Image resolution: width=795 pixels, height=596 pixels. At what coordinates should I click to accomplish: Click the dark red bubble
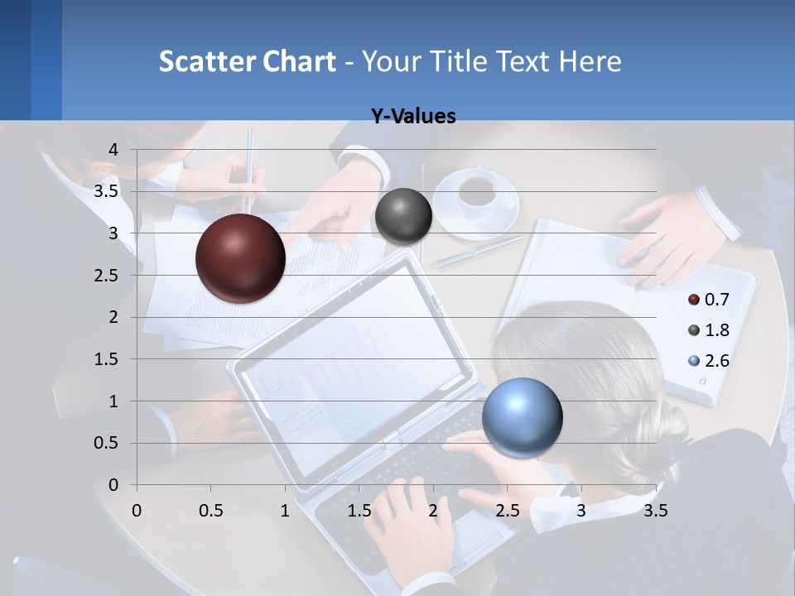tap(241, 258)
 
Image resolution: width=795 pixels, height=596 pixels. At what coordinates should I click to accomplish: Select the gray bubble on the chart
tap(403, 216)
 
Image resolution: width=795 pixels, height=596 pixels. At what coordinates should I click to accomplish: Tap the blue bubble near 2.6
tap(522, 417)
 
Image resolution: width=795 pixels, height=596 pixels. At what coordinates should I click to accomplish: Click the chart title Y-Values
tap(412, 117)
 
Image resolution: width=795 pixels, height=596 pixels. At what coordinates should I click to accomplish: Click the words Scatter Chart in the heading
tap(247, 61)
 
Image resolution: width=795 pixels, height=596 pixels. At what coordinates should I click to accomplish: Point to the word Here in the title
tap(590, 61)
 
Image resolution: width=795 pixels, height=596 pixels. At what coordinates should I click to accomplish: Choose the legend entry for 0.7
tap(708, 299)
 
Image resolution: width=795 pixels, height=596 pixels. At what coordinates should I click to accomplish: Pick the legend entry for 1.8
tap(708, 330)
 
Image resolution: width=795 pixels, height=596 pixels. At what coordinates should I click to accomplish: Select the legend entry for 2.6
tap(708, 361)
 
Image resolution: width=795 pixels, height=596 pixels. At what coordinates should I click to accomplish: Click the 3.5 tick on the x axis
tap(655, 511)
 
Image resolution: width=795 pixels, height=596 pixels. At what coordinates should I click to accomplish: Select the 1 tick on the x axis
tap(285, 511)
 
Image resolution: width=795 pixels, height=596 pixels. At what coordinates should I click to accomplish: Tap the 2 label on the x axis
tap(432, 511)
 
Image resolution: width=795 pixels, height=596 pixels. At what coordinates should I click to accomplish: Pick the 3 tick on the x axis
tap(581, 511)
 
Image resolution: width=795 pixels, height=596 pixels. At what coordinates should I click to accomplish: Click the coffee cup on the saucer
tap(478, 192)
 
